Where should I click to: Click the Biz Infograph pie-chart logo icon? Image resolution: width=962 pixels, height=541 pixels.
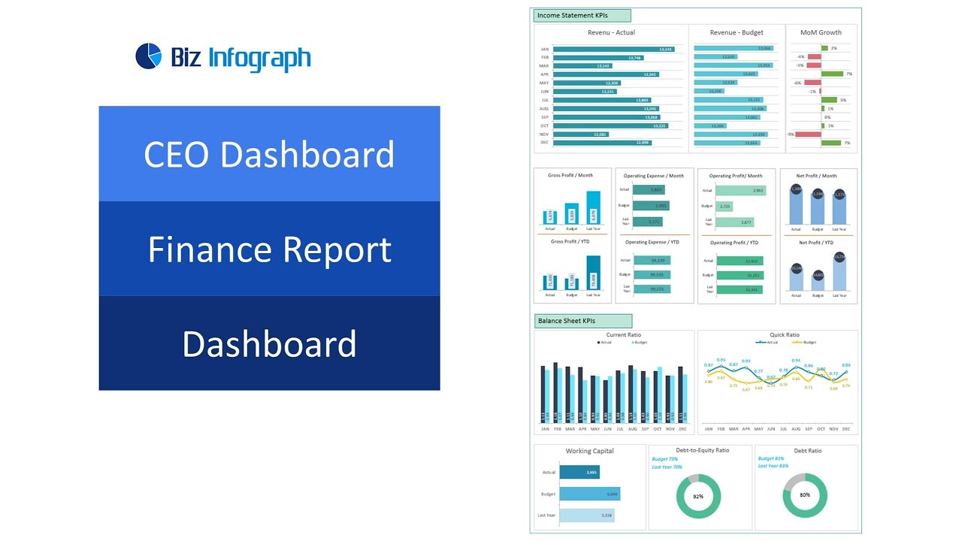coord(149,56)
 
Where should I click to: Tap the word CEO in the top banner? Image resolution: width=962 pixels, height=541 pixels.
coord(177,154)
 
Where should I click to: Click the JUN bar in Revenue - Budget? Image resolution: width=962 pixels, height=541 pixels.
coord(709,91)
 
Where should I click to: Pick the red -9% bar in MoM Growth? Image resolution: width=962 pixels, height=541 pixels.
coord(808,134)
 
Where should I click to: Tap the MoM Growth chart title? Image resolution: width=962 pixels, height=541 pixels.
coord(821,32)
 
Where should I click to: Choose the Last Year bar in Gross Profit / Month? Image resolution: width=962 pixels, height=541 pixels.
coord(593,208)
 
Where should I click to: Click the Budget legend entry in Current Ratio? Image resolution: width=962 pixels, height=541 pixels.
coord(639,343)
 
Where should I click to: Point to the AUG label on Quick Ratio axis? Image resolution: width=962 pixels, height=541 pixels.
coord(796,429)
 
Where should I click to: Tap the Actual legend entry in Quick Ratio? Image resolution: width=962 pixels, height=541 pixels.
coord(767,342)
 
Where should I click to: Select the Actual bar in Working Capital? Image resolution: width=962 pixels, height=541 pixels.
coord(579,472)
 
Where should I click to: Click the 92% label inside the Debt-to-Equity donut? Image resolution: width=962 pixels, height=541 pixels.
coord(698,497)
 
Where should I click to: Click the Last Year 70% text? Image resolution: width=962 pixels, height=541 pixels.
coord(667,467)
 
